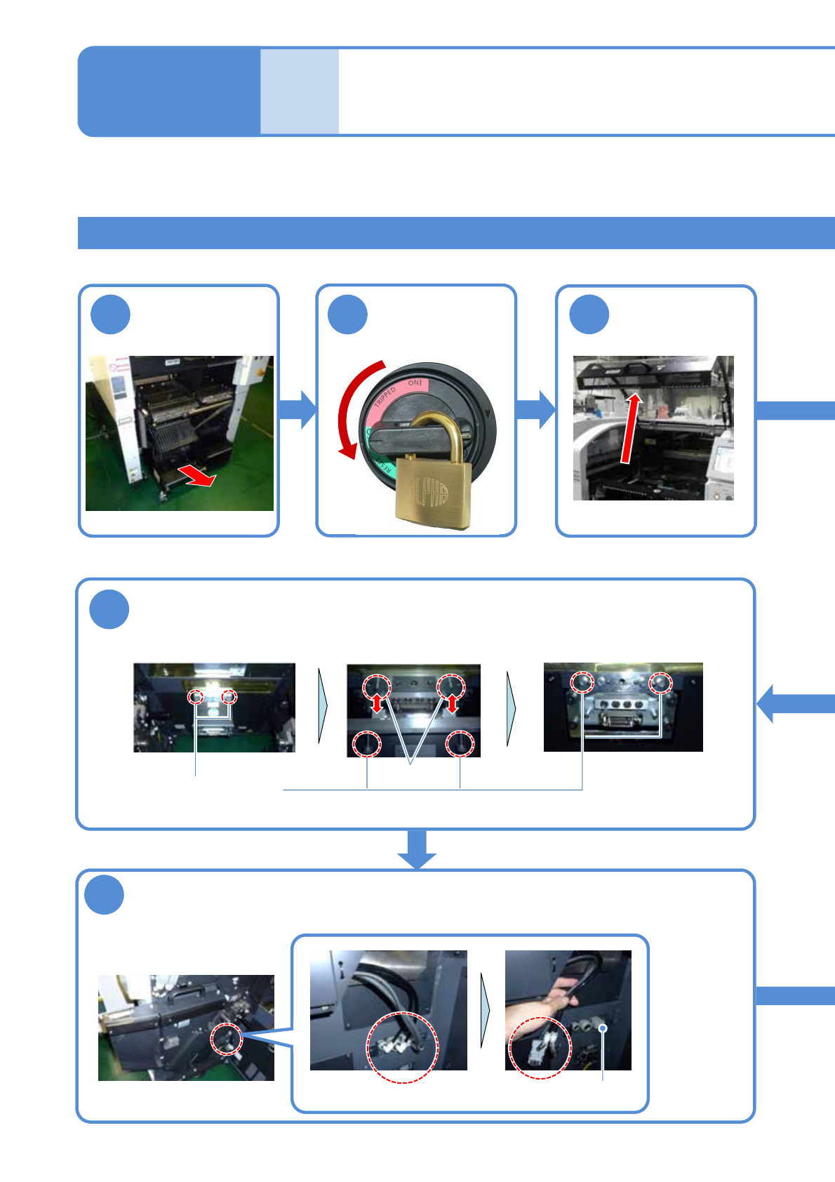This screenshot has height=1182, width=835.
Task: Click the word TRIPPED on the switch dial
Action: coord(385,397)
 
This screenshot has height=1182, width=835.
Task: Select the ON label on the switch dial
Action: coord(415,383)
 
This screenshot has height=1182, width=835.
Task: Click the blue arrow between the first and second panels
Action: coord(298,410)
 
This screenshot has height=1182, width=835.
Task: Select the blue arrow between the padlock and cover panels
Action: coord(536,410)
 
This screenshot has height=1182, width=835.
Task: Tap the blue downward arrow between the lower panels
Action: coord(417,849)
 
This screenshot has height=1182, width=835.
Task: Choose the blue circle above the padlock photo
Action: coord(348,314)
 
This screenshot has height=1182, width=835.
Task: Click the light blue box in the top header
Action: coord(300,91)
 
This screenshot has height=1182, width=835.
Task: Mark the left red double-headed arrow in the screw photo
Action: coord(378,703)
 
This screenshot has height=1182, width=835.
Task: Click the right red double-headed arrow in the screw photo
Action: coord(453,703)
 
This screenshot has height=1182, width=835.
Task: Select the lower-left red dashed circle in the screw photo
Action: coord(367,744)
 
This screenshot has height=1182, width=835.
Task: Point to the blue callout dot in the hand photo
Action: coord(602,1028)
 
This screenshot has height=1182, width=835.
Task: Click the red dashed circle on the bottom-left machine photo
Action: coord(227,1039)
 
